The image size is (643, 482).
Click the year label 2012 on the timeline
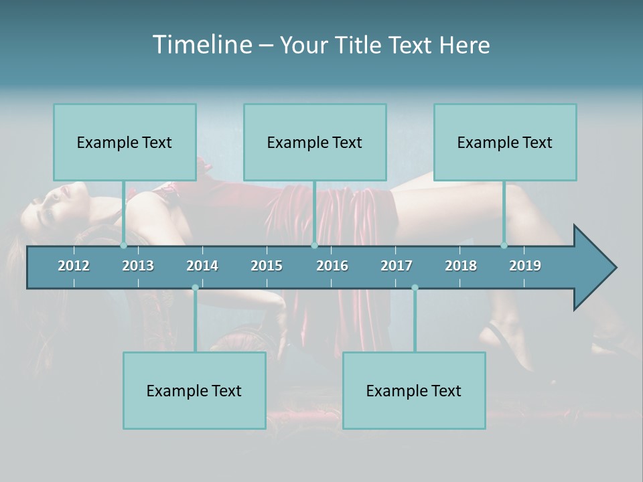pyautogui.click(x=74, y=266)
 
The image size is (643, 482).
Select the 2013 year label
pyautogui.click(x=138, y=266)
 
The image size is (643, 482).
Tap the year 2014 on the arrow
pyautogui.click(x=202, y=266)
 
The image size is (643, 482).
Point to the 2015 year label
pyautogui.click(x=267, y=266)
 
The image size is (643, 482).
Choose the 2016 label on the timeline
pyautogui.click(x=332, y=266)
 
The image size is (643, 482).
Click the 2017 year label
pyautogui.click(x=397, y=266)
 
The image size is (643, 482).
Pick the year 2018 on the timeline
pyautogui.click(x=461, y=266)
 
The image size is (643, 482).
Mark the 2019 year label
pyautogui.click(x=525, y=266)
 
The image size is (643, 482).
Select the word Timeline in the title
pyautogui.click(x=202, y=45)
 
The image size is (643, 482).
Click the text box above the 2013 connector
pyautogui.click(x=125, y=142)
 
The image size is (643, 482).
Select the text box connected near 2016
pyautogui.click(x=315, y=142)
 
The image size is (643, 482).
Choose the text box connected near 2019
pyautogui.click(x=505, y=142)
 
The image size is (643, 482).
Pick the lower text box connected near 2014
pyautogui.click(x=194, y=390)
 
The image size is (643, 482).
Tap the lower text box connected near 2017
pyautogui.click(x=414, y=390)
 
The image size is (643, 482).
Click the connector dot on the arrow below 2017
pyautogui.click(x=415, y=288)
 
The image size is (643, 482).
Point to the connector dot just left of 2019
pyautogui.click(x=504, y=246)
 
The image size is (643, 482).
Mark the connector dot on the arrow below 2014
pyautogui.click(x=195, y=288)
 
